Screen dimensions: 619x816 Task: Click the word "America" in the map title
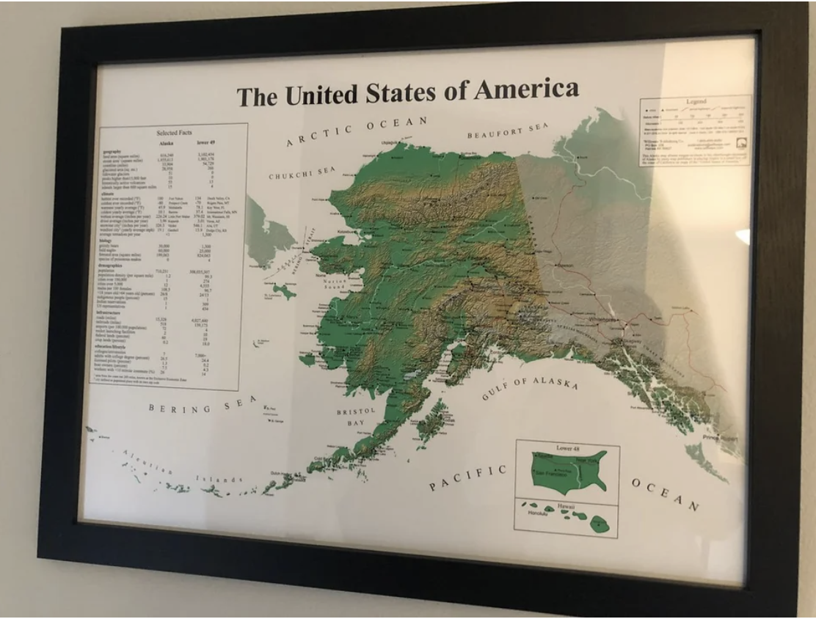(526, 89)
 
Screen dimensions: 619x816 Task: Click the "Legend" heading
(696, 101)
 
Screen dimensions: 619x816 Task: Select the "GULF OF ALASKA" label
(529, 388)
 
